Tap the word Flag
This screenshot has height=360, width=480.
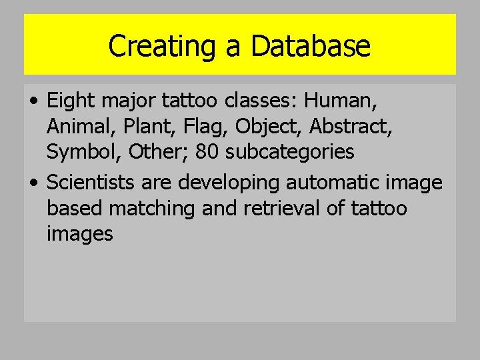click(x=201, y=127)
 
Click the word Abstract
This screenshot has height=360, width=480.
click(x=350, y=127)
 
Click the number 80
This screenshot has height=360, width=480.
click(x=207, y=152)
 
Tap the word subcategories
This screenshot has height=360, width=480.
click(x=290, y=152)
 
